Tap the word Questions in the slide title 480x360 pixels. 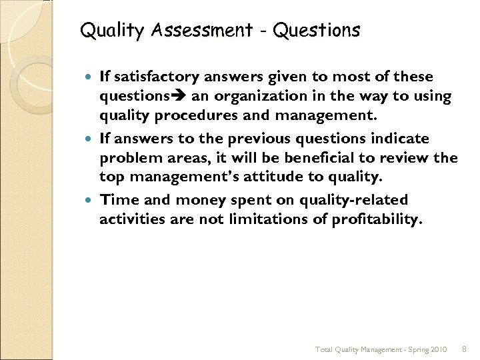click(317, 31)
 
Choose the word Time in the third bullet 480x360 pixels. click(117, 200)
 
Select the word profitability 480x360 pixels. click(377, 219)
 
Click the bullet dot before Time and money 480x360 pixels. click(90, 200)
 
